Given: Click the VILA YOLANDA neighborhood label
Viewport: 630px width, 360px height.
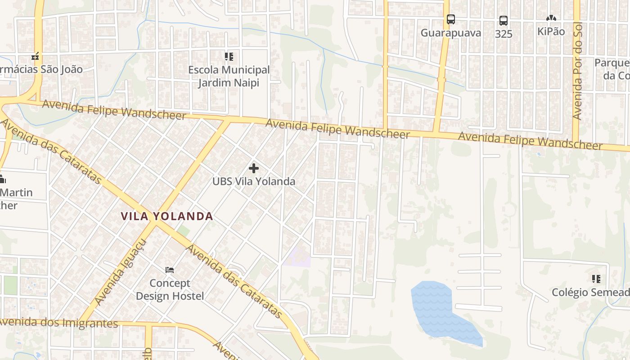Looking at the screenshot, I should pos(167,216).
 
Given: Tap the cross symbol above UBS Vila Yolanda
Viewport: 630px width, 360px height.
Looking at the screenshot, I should pos(254,169).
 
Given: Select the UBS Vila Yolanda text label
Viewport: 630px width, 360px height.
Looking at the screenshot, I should pos(254,182).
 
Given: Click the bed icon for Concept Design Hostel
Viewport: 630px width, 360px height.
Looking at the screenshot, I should pos(170,270).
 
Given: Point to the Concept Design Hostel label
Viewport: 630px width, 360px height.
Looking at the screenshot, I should pos(170,290).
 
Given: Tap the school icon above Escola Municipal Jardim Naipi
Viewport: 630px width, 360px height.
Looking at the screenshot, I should pos(229,57).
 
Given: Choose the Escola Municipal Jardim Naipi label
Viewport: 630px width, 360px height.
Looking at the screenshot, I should pos(229,76).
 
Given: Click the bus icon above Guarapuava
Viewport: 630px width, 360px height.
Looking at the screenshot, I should pos(451,19).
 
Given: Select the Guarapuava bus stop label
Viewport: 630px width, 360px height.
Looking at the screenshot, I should pos(451,33).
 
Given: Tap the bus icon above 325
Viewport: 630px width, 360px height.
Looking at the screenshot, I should pos(503,21).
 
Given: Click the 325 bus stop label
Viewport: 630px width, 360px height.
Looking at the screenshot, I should pos(503,34).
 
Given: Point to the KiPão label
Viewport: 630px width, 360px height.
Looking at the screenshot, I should pos(551,31).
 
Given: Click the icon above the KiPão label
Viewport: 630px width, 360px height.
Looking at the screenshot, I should pos(551,18).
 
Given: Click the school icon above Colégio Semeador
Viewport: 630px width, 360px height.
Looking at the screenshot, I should pos(596,279).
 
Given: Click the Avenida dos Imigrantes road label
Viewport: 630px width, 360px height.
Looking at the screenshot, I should pos(58,323).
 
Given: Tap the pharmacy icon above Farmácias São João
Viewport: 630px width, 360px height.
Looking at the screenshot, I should pos(35,57).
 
